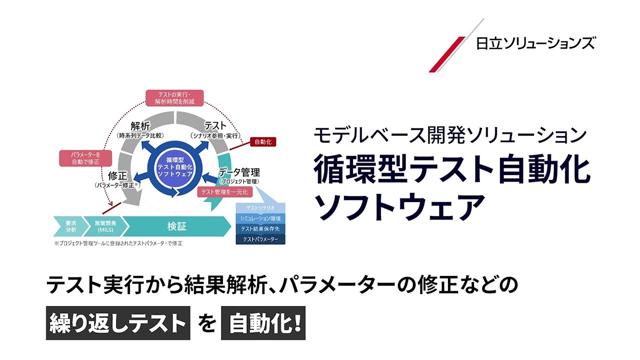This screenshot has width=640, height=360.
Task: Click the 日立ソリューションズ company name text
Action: coord(535,43)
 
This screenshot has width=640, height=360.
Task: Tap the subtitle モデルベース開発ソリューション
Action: coord(449,135)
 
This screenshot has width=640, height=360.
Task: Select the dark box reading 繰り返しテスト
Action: coord(118,324)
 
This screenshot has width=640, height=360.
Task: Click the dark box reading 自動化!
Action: coord(262,324)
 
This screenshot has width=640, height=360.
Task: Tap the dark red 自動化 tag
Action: coord(262,142)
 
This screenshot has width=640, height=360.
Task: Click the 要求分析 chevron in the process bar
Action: coord(70,226)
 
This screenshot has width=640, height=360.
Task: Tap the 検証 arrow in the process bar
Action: coord(176,226)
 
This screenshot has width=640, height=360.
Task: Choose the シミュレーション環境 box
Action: coord(260,218)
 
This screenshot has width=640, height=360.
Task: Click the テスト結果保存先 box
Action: coord(260,229)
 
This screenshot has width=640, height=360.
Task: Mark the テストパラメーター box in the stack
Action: coord(260,240)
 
